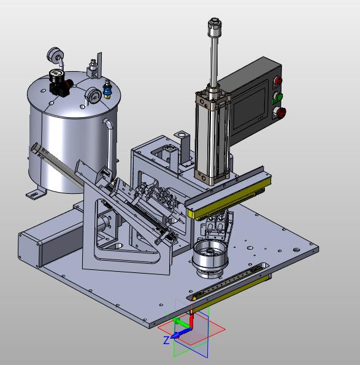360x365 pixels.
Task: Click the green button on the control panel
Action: click(278, 96)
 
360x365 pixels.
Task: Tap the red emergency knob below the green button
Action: click(281, 112)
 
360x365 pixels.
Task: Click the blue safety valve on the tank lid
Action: click(107, 89)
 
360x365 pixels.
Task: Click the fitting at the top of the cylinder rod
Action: click(215, 27)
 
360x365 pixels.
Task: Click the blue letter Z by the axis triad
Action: click(167, 340)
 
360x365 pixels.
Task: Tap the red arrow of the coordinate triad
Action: click(191, 321)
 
